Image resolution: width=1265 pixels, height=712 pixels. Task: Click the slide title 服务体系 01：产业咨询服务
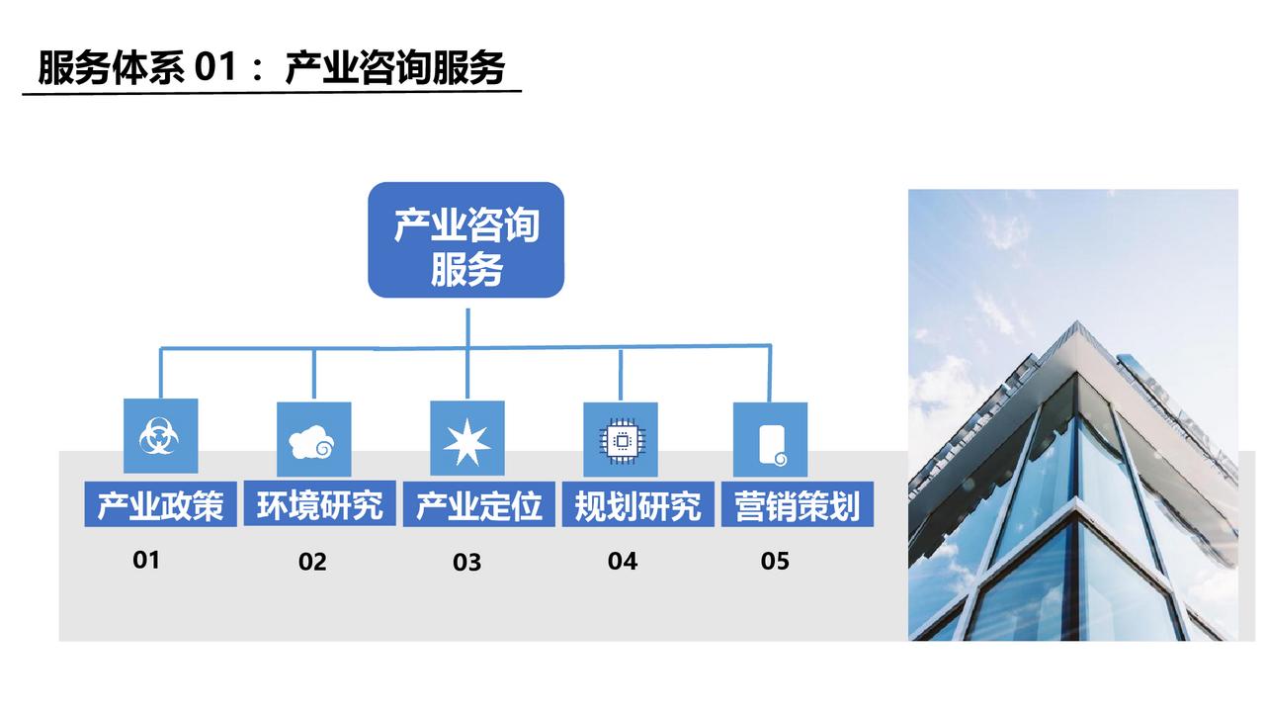[271, 68]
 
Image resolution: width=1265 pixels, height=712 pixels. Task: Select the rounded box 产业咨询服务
[465, 239]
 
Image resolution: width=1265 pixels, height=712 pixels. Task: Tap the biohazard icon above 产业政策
[159, 436]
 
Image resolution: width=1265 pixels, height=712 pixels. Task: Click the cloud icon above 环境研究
[311, 441]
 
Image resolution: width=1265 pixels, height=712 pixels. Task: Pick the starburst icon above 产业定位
[466, 442]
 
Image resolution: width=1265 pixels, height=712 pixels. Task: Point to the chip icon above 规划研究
[621, 441]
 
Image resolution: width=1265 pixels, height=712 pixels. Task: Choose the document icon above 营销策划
[773, 445]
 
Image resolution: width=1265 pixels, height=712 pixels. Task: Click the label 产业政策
[160, 504]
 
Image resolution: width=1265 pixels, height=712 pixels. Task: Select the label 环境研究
[319, 504]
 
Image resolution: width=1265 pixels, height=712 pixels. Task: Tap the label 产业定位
[479, 505]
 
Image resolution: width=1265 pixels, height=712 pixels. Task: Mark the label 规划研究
[638, 505]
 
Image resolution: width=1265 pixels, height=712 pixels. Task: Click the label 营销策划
[798, 505]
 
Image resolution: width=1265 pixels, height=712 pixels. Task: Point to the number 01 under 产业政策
[146, 560]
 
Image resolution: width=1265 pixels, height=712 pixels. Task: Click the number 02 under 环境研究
[312, 562]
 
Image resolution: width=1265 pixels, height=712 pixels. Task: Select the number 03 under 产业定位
[467, 563]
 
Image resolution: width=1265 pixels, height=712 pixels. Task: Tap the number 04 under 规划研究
[623, 561]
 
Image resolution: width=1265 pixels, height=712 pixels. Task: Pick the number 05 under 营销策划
[775, 561]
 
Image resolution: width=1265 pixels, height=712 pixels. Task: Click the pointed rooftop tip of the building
[1077, 321]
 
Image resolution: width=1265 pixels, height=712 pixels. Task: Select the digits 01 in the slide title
[214, 67]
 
